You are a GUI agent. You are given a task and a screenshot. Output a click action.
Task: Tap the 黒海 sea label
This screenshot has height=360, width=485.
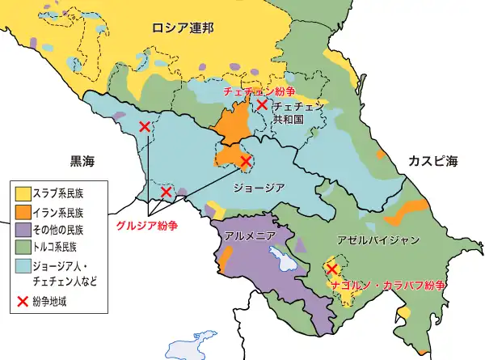[x=82, y=162]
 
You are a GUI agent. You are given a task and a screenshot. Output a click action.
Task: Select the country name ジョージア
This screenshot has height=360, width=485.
[x=258, y=188]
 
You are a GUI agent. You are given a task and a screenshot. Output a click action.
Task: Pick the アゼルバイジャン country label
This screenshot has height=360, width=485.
[x=378, y=240]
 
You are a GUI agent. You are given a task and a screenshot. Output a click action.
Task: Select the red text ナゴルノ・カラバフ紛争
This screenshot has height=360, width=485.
[x=389, y=286]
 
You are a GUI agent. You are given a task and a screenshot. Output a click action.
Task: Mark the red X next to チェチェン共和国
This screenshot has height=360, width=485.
[x=262, y=104]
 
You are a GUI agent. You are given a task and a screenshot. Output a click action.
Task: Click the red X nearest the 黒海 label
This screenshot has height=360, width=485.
[x=144, y=126]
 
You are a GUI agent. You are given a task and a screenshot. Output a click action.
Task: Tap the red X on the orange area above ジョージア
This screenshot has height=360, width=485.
[x=245, y=162]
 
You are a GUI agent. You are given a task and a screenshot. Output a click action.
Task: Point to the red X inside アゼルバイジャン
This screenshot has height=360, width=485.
[x=331, y=269]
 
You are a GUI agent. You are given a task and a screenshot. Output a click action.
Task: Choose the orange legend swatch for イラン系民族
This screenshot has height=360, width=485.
[x=23, y=212]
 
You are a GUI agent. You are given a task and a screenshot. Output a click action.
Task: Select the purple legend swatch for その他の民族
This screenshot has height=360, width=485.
[x=23, y=230]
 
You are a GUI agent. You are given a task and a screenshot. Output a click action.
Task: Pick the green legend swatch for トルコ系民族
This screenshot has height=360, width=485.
[x=23, y=247]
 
